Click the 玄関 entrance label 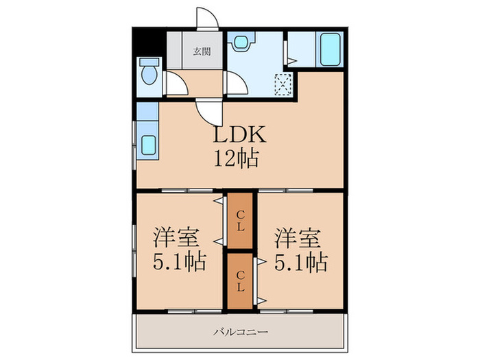[202, 51]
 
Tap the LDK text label [240, 134]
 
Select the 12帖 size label [236, 158]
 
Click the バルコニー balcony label [241, 331]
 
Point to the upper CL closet [240, 221]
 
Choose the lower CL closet [240, 281]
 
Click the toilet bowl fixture [149, 71]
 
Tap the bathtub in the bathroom [330, 49]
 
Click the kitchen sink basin [149, 145]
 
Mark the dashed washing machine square [283, 84]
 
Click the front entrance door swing [208, 19]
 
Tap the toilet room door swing [176, 83]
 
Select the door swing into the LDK [208, 111]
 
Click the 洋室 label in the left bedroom [176, 237]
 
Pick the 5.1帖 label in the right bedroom [301, 263]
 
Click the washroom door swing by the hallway [236, 83]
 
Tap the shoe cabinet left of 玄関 [174, 51]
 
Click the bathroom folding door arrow [291, 60]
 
